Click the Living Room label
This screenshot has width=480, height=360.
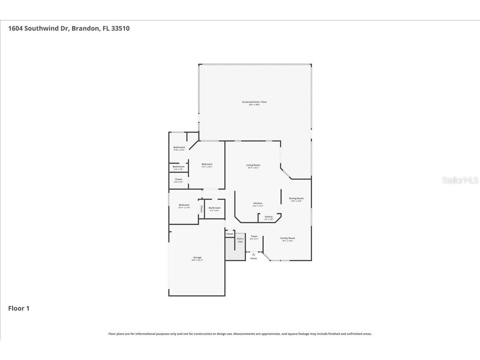[x=253, y=165]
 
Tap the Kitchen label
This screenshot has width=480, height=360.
[x=258, y=204]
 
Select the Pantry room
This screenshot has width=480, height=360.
[x=269, y=218]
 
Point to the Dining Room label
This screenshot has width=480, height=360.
[x=296, y=199]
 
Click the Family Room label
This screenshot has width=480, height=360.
[x=288, y=239]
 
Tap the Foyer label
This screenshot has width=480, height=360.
[x=254, y=237]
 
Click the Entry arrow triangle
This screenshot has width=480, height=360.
[x=254, y=254]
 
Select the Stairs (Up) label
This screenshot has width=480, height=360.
[x=240, y=240]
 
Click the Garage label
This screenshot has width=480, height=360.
[x=197, y=258]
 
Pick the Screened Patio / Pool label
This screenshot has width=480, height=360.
[x=254, y=102]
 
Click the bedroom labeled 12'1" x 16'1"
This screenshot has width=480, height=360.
[x=207, y=165]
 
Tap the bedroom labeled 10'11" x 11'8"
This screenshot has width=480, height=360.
[x=184, y=206]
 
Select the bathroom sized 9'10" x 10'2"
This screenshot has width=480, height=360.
[x=179, y=148]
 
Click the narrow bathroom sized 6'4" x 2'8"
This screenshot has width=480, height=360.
[x=178, y=167]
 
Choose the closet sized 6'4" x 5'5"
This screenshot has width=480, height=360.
[x=178, y=180]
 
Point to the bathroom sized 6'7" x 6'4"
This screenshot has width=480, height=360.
[x=214, y=208]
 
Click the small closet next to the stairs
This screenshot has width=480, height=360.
[x=230, y=234]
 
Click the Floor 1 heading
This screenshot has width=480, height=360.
[x=19, y=308]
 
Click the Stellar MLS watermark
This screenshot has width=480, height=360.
[x=460, y=180]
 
